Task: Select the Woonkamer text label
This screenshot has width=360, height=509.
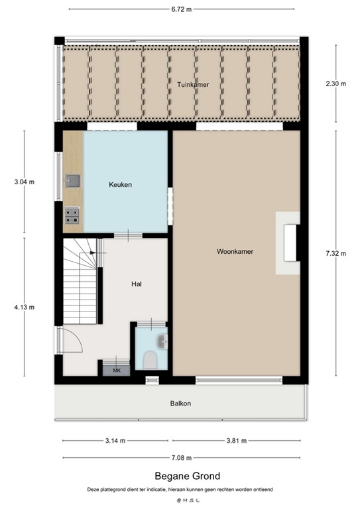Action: point(235,252)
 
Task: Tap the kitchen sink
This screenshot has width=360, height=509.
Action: point(72,180)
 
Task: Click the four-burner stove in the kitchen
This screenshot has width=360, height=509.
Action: point(72,215)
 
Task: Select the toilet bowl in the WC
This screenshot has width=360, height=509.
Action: point(150,360)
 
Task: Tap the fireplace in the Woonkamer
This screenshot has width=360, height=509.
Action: point(289,243)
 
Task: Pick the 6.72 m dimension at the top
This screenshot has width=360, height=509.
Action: point(181,10)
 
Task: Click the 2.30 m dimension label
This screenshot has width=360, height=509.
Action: point(335,84)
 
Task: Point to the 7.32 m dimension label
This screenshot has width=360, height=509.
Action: point(335,253)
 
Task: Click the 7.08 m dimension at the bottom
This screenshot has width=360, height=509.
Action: point(181,457)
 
